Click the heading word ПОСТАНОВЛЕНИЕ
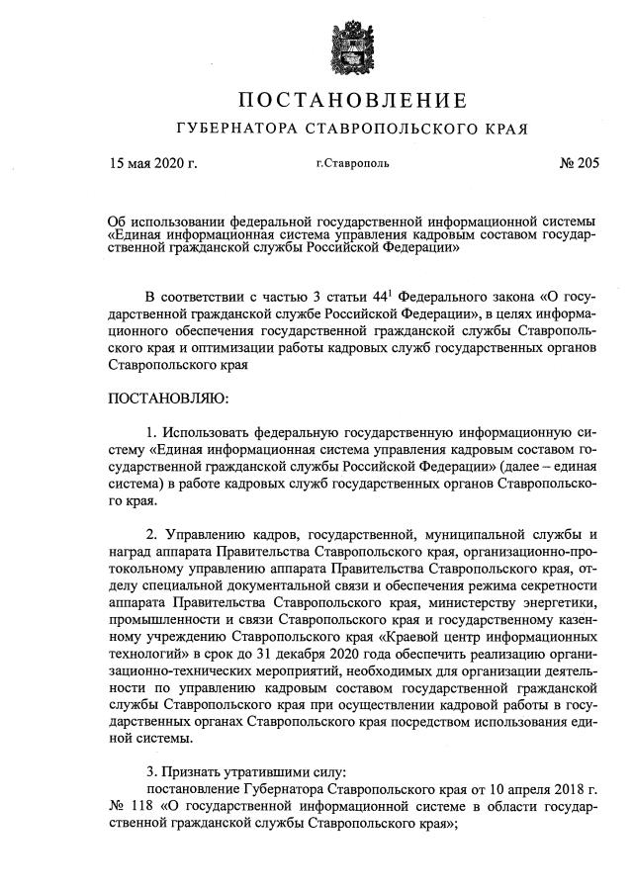coord(351,100)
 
